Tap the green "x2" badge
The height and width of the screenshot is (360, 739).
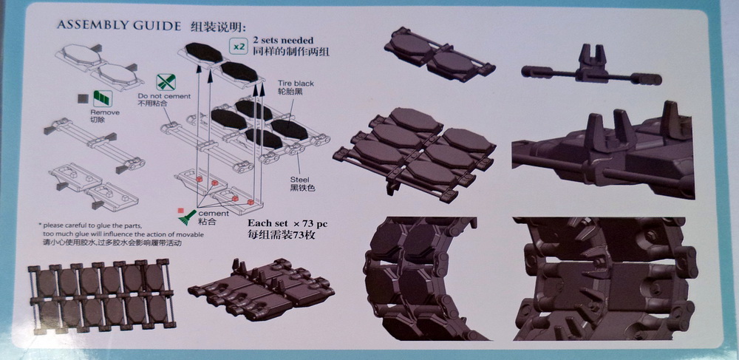coord(238,46)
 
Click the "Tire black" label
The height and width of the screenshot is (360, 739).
coord(296,84)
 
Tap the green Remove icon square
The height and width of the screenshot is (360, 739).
coord(102,96)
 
